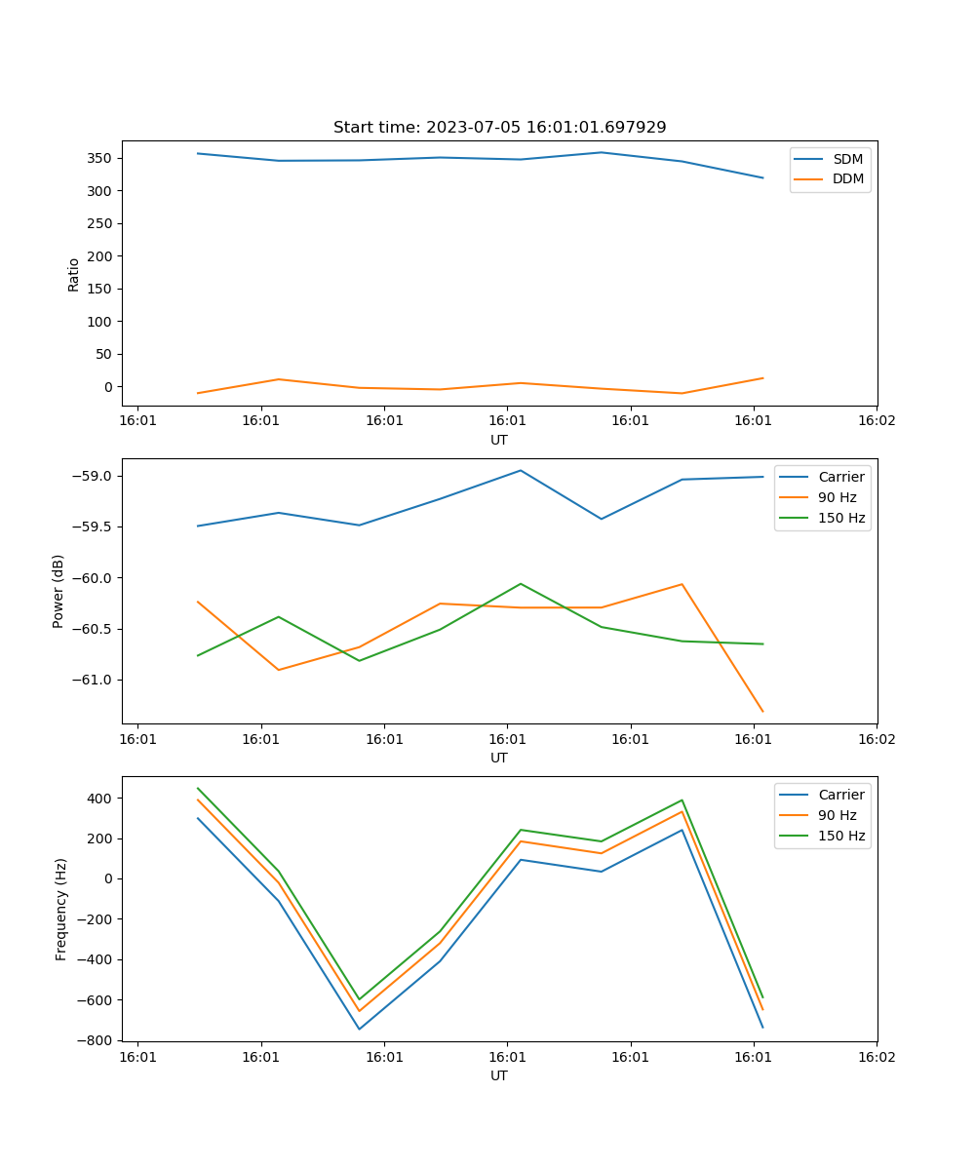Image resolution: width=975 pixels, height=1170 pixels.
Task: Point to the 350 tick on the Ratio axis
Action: click(x=101, y=158)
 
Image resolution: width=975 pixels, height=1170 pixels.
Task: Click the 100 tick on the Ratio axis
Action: click(x=101, y=322)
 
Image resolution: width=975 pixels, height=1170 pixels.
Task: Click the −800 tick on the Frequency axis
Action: click(x=96, y=1040)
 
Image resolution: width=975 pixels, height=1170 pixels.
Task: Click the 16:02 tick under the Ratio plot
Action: click(x=876, y=422)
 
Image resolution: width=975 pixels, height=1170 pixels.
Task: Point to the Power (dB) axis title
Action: click(x=58, y=591)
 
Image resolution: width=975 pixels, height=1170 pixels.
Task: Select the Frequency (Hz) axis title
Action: click(x=60, y=909)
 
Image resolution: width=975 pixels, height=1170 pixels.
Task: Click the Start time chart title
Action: click(x=499, y=128)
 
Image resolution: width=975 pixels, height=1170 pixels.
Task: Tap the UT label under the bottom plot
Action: click(x=499, y=1075)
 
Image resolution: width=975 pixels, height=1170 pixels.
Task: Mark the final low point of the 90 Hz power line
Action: click(x=762, y=712)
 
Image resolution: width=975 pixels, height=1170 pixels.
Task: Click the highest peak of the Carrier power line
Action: click(x=521, y=471)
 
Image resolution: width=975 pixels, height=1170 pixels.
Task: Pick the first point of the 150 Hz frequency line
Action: click(x=198, y=788)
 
